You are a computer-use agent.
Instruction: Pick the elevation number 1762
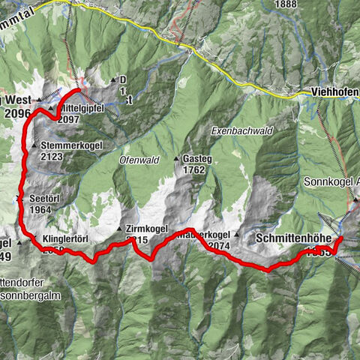point(193,169)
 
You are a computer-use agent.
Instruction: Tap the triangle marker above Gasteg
point(177,159)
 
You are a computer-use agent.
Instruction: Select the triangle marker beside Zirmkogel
point(120,229)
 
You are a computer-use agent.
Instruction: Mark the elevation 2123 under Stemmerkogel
point(52,157)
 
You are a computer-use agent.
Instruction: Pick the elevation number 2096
point(16,114)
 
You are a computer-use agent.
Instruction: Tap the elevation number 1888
point(286,4)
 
